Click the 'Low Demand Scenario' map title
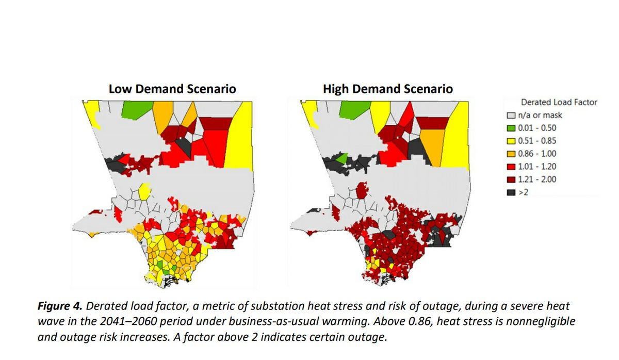point(172,89)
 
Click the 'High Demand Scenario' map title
point(387,89)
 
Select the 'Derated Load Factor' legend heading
point(559,102)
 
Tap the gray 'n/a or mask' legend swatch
point(511,115)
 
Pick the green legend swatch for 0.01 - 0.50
point(511,128)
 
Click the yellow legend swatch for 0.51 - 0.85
point(511,141)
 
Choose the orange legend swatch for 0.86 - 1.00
point(511,154)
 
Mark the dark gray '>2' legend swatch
point(511,192)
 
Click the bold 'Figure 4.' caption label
point(59,306)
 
